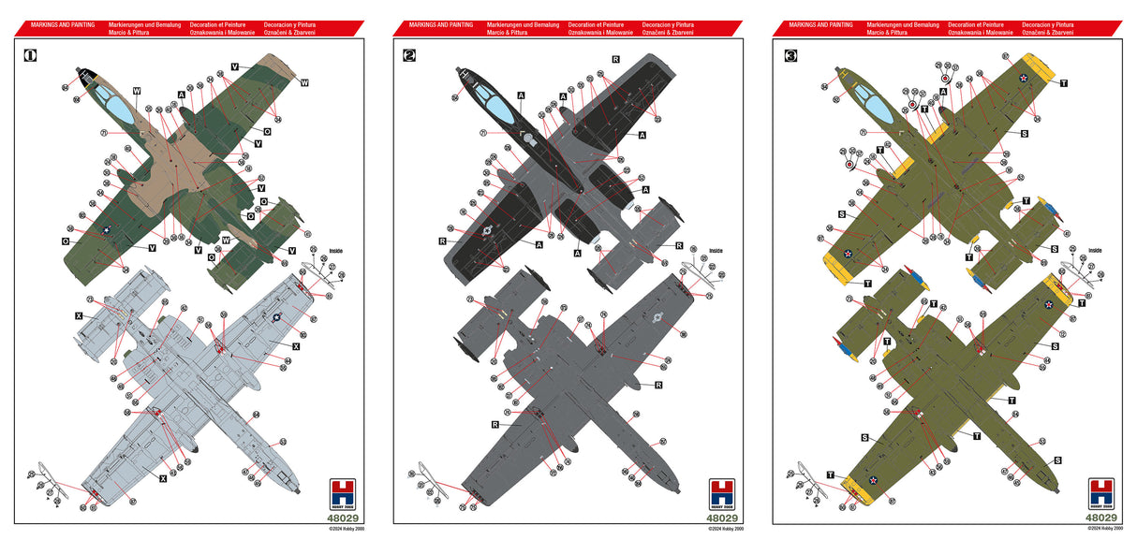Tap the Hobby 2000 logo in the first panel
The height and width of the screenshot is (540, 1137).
tap(342, 493)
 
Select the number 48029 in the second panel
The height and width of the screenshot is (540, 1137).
tap(721, 518)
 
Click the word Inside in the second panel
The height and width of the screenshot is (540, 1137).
tap(716, 250)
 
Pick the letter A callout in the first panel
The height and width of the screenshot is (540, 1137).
tap(181, 95)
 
